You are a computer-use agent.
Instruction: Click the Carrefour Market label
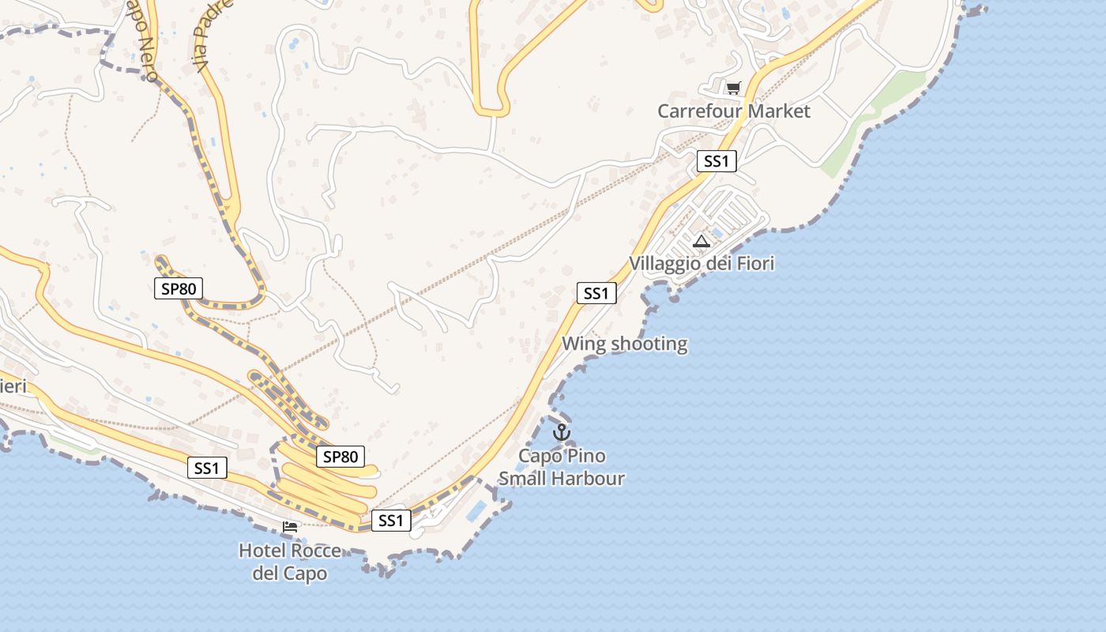click(734, 111)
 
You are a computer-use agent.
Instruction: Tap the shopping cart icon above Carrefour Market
click(734, 88)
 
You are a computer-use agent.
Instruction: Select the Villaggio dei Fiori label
click(702, 263)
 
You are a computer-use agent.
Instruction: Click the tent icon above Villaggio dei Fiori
click(702, 241)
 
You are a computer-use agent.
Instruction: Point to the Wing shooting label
click(624, 344)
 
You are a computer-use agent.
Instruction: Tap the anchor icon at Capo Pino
click(561, 432)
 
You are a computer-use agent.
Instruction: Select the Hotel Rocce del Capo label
click(290, 562)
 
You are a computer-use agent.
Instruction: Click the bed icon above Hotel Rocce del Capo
click(290, 526)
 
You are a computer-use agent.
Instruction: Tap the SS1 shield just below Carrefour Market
click(717, 162)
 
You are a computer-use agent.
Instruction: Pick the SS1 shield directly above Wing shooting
click(596, 293)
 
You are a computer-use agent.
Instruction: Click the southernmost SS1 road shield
click(391, 521)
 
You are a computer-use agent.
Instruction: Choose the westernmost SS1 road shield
click(207, 468)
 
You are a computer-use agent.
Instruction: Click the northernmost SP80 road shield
click(179, 288)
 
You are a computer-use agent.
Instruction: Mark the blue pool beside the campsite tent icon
click(717, 233)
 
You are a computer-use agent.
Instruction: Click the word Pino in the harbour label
click(585, 457)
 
